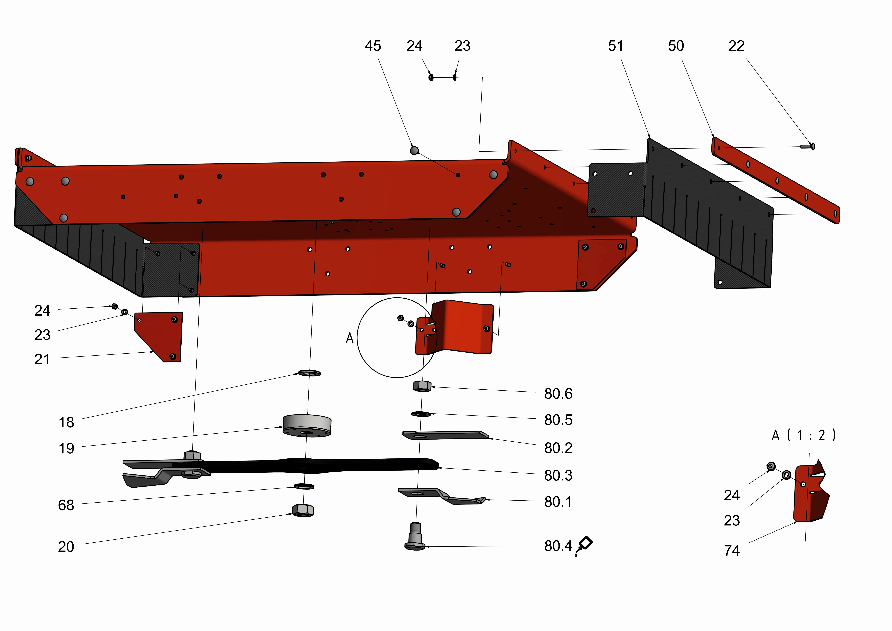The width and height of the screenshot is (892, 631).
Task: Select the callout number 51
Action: pyautogui.click(x=615, y=46)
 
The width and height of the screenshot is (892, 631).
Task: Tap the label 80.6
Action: pyautogui.click(x=558, y=394)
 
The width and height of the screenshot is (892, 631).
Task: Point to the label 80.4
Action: pyautogui.click(x=558, y=546)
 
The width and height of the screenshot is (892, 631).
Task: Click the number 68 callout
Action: pyautogui.click(x=66, y=505)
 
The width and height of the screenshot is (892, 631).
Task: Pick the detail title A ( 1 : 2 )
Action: pyautogui.click(x=803, y=435)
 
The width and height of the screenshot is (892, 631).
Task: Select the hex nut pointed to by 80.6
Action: pyautogui.click(x=422, y=386)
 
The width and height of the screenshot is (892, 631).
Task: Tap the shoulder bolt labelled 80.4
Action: pyautogui.click(x=415, y=536)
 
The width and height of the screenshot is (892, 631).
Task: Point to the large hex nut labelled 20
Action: pyautogui.click(x=303, y=510)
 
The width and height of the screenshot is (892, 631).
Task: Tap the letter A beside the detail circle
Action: pyautogui.click(x=350, y=338)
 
